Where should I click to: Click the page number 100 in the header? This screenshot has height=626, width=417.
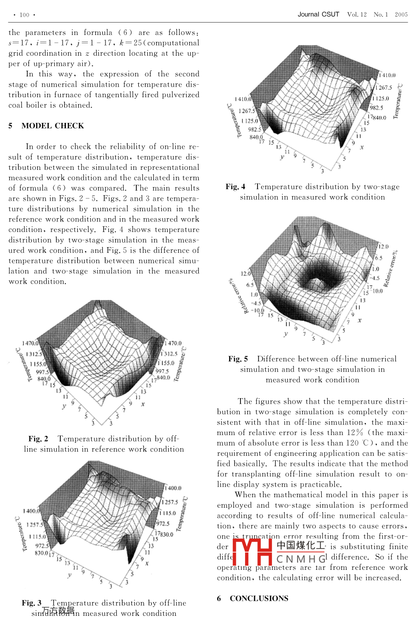24,15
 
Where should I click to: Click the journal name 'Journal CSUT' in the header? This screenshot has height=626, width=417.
318,14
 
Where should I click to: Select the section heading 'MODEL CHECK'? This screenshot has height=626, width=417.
53,126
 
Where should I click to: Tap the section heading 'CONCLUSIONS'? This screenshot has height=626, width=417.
259,598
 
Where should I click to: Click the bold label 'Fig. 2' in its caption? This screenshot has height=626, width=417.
38,439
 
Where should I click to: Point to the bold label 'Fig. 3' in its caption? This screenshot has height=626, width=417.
31,603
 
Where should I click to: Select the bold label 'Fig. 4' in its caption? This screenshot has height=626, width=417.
235,186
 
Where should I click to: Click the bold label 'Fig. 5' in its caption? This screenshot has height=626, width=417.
238,359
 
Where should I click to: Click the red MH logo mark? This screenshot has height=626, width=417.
253,551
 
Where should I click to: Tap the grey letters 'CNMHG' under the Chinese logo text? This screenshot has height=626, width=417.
301,559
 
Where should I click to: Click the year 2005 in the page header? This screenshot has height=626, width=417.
401,14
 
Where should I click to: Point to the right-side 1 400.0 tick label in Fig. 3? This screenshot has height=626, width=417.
173,488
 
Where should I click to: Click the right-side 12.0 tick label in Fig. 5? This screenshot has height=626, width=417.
383,247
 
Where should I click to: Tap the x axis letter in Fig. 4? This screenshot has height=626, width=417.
362,147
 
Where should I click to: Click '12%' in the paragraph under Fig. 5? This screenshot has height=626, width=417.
355,432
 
